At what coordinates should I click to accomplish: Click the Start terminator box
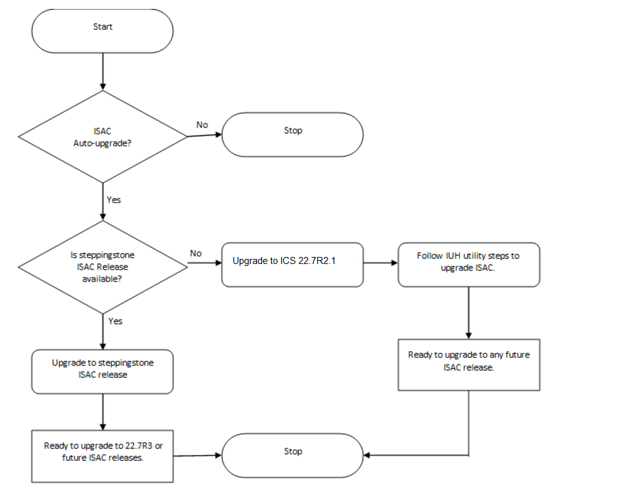(102, 31)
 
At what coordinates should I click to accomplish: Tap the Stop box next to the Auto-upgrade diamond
(293, 134)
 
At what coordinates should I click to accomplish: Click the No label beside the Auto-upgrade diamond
(202, 125)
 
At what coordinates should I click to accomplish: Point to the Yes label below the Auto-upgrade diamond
(113, 199)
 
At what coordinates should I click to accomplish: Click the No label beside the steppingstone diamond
(196, 253)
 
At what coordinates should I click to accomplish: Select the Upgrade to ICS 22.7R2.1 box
(293, 264)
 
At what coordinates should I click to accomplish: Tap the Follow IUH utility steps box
(468, 264)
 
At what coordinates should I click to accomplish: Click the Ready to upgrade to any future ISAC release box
(468, 364)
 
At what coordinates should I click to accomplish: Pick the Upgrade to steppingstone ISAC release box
(102, 371)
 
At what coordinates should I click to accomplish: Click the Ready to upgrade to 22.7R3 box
(102, 455)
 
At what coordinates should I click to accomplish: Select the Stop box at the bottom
(293, 454)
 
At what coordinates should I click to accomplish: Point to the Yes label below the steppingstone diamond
(115, 321)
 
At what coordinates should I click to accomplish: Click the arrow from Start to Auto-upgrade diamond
(102, 70)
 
